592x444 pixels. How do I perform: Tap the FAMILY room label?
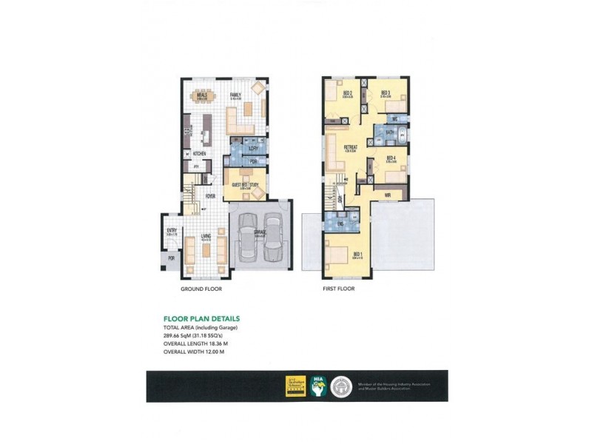pos(235,95)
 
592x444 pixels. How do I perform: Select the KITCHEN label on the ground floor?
pos(199,154)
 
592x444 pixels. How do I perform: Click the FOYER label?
pos(211,196)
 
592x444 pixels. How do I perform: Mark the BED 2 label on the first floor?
pos(348,92)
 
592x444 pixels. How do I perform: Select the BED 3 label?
pos(385,92)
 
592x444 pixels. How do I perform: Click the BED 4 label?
pos(391,158)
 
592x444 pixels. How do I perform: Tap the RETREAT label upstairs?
pos(351,147)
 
